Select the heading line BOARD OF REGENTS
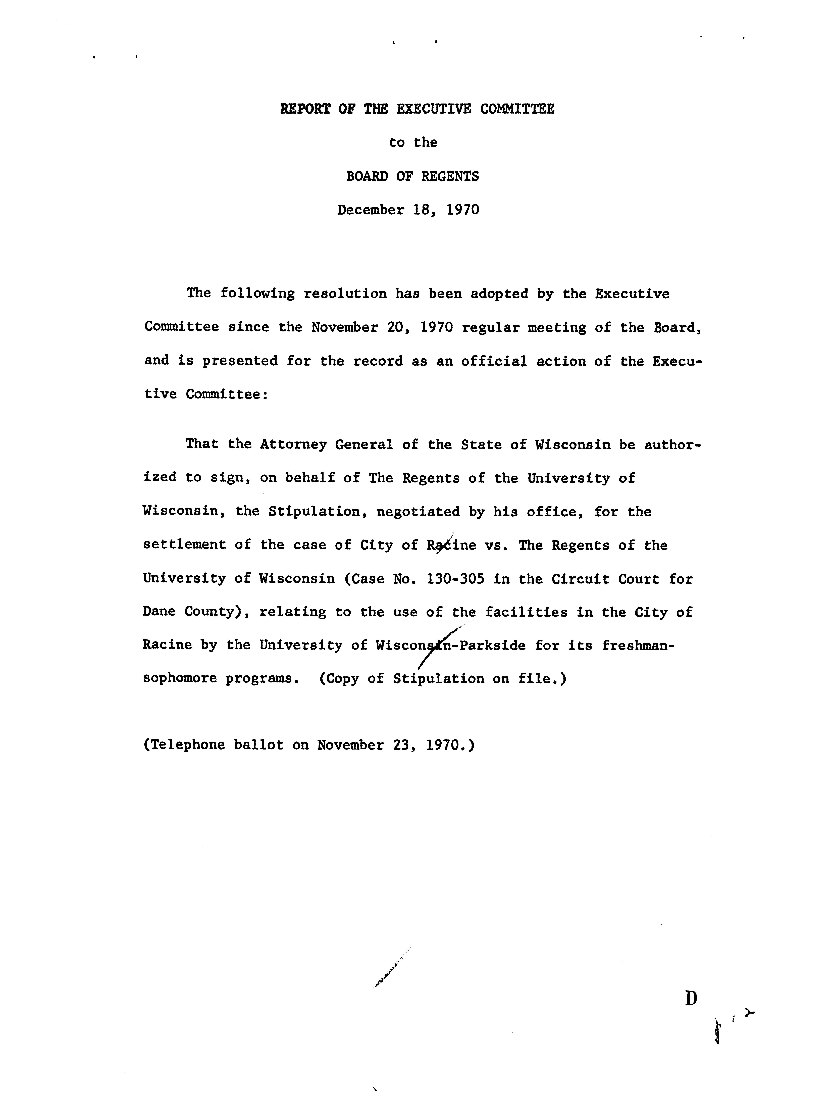[x=412, y=176]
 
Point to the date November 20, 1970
[x=382, y=327]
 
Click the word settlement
[x=184, y=545]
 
